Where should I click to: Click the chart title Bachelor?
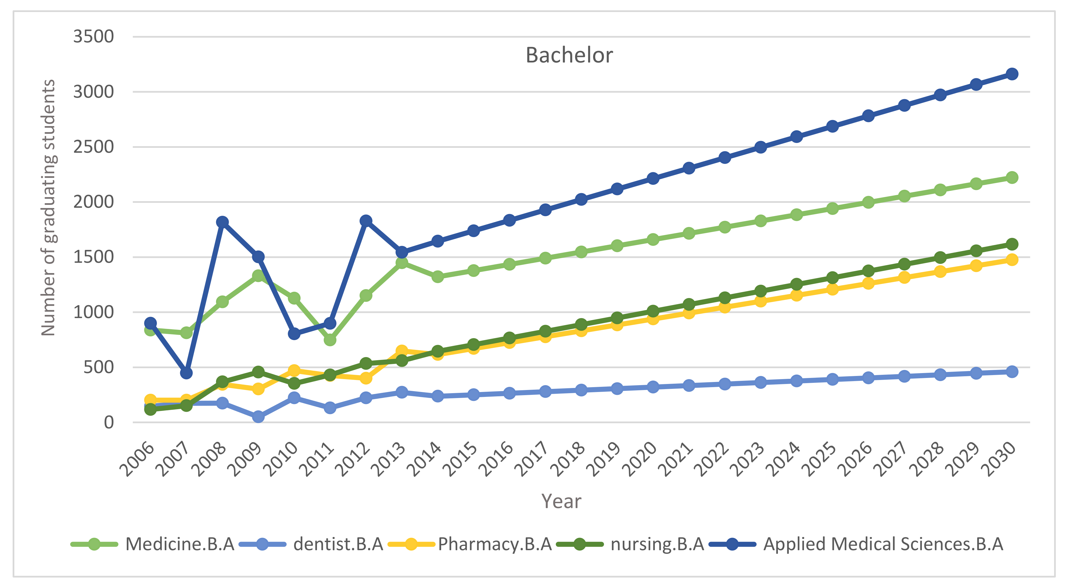(569, 56)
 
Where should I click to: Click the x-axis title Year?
(561, 501)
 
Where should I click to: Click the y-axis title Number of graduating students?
(49, 208)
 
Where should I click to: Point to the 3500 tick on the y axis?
(93, 37)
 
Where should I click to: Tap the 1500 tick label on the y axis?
(93, 257)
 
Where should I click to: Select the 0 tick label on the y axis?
(108, 422)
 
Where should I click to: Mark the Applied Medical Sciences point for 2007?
(186, 373)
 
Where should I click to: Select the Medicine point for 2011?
(330, 340)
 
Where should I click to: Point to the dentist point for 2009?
(258, 417)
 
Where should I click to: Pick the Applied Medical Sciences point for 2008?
(222, 222)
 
